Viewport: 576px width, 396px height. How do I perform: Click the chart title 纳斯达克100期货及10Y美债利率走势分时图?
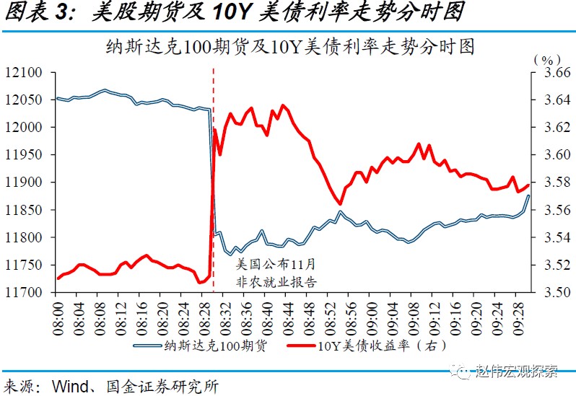coord(289,48)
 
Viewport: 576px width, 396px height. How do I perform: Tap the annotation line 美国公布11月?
coord(276,265)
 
